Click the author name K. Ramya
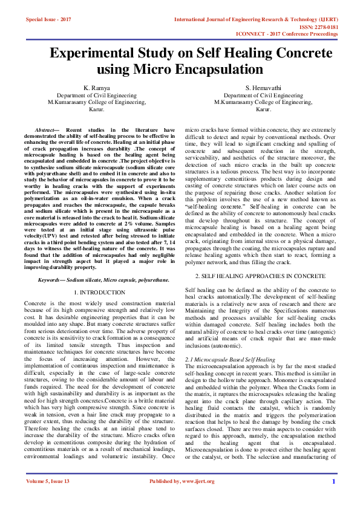click(x=97, y=88)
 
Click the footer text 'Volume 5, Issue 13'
click(x=48, y=498)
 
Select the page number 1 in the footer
click(x=333, y=498)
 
